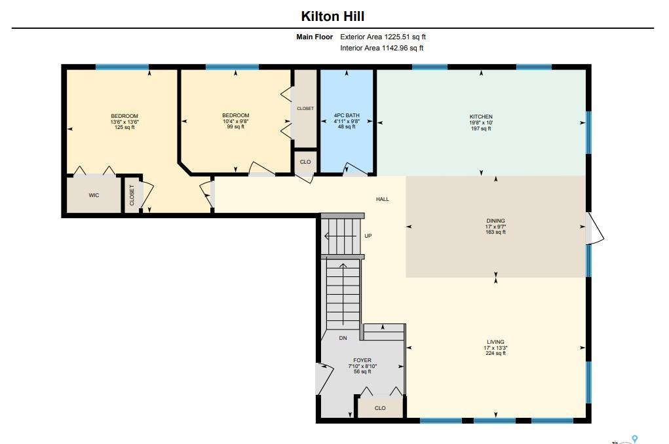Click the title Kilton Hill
point(332,16)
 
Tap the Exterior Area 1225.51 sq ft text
point(383,37)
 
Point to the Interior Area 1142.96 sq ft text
point(381,48)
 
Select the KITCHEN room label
point(481,117)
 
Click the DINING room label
point(495,221)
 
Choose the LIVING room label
point(495,342)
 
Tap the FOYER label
point(362,360)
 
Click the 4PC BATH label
point(347,115)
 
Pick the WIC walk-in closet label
point(94,195)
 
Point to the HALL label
point(382,199)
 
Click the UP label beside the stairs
point(368,236)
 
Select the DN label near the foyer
point(343,338)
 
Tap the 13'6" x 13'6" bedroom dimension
point(124,122)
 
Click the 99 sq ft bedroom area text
point(235,126)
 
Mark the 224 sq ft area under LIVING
point(495,353)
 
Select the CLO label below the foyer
point(380,408)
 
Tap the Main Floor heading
point(315,37)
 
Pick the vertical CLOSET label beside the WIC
point(132,195)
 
